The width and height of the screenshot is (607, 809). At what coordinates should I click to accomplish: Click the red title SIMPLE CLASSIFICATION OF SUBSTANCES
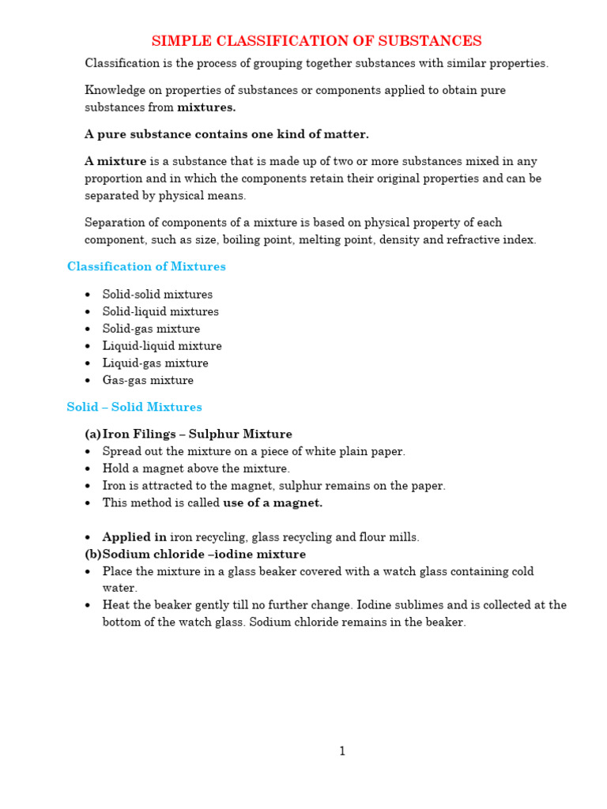pyautogui.click(x=316, y=41)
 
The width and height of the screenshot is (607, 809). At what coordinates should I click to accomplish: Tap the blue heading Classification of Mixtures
pyautogui.click(x=146, y=267)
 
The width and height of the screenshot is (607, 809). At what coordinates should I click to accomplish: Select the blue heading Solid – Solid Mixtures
pyautogui.click(x=134, y=408)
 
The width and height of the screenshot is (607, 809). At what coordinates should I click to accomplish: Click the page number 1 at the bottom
pyautogui.click(x=342, y=751)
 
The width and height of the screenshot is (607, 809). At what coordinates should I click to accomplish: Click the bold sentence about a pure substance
pyautogui.click(x=227, y=134)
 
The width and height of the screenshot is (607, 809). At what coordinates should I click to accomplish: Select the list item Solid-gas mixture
pyautogui.click(x=151, y=329)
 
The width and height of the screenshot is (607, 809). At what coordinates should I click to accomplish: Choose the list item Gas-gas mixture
pyautogui.click(x=148, y=381)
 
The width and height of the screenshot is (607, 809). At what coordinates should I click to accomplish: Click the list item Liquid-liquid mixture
pyautogui.click(x=162, y=347)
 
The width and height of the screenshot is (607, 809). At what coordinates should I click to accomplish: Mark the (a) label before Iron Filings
pyautogui.click(x=93, y=435)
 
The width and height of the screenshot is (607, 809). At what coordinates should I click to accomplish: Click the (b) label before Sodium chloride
pyautogui.click(x=93, y=555)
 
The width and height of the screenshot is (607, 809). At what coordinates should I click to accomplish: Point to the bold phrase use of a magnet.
pyautogui.click(x=273, y=503)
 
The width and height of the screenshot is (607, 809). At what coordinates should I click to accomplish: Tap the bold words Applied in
pyautogui.click(x=134, y=537)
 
